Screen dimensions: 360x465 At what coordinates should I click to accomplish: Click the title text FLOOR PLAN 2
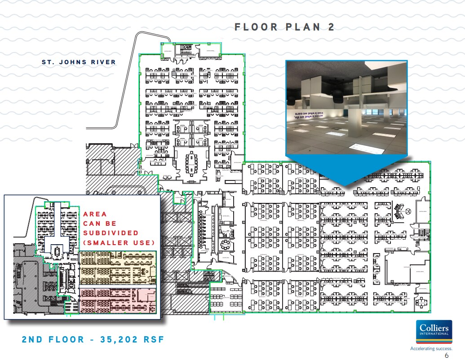click(284, 27)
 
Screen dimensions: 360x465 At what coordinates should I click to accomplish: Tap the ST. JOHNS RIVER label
click(79, 62)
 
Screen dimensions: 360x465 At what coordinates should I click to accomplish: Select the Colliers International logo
click(434, 330)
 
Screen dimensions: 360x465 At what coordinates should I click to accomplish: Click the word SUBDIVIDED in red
click(111, 233)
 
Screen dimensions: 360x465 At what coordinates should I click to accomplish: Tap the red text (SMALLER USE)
click(119, 243)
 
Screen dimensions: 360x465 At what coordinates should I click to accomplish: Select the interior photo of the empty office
click(346, 107)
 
